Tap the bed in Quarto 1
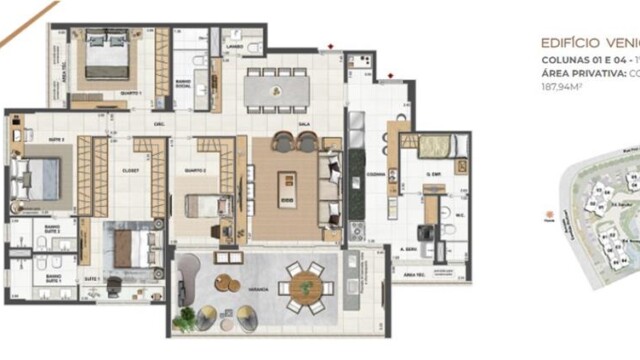pyautogui.click(x=107, y=55)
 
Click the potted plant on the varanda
pyautogui.click(x=185, y=319)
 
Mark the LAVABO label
pyautogui.click(x=236, y=47)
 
